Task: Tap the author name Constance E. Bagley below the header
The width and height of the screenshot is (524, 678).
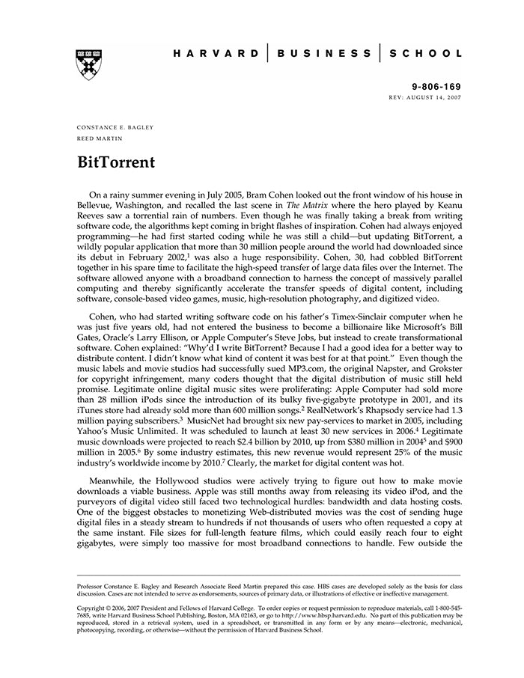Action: pos(115,127)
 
